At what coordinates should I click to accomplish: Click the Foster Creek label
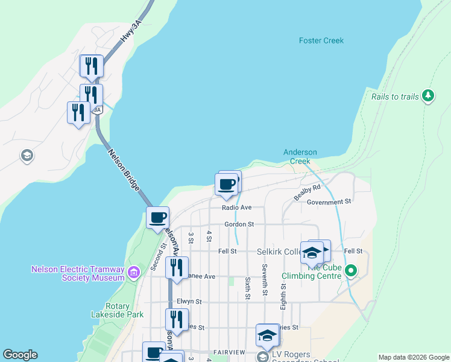tap(321, 40)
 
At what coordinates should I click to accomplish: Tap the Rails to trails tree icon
tap(429, 95)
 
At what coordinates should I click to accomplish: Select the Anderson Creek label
tap(300, 157)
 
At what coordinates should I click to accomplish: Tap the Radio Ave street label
tap(236, 208)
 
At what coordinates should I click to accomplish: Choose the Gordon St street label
tap(239, 224)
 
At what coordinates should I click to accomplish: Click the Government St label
tap(329, 202)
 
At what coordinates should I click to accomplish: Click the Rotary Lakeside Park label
tap(125, 310)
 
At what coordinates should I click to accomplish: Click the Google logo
tap(20, 355)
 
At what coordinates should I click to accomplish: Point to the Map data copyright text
tap(413, 357)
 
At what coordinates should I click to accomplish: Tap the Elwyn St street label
tap(189, 301)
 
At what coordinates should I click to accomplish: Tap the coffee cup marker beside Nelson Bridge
tap(157, 217)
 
